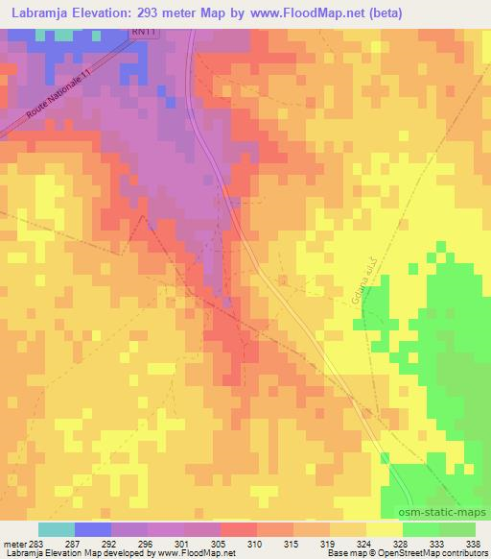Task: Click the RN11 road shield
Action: click(142, 33)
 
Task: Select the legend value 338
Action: click(471, 544)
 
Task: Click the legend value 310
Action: click(255, 544)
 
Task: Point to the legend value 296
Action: click(146, 544)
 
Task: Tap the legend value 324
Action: click(364, 544)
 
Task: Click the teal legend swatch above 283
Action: click(56, 529)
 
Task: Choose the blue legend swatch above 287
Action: click(92, 529)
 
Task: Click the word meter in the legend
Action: click(13, 544)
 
